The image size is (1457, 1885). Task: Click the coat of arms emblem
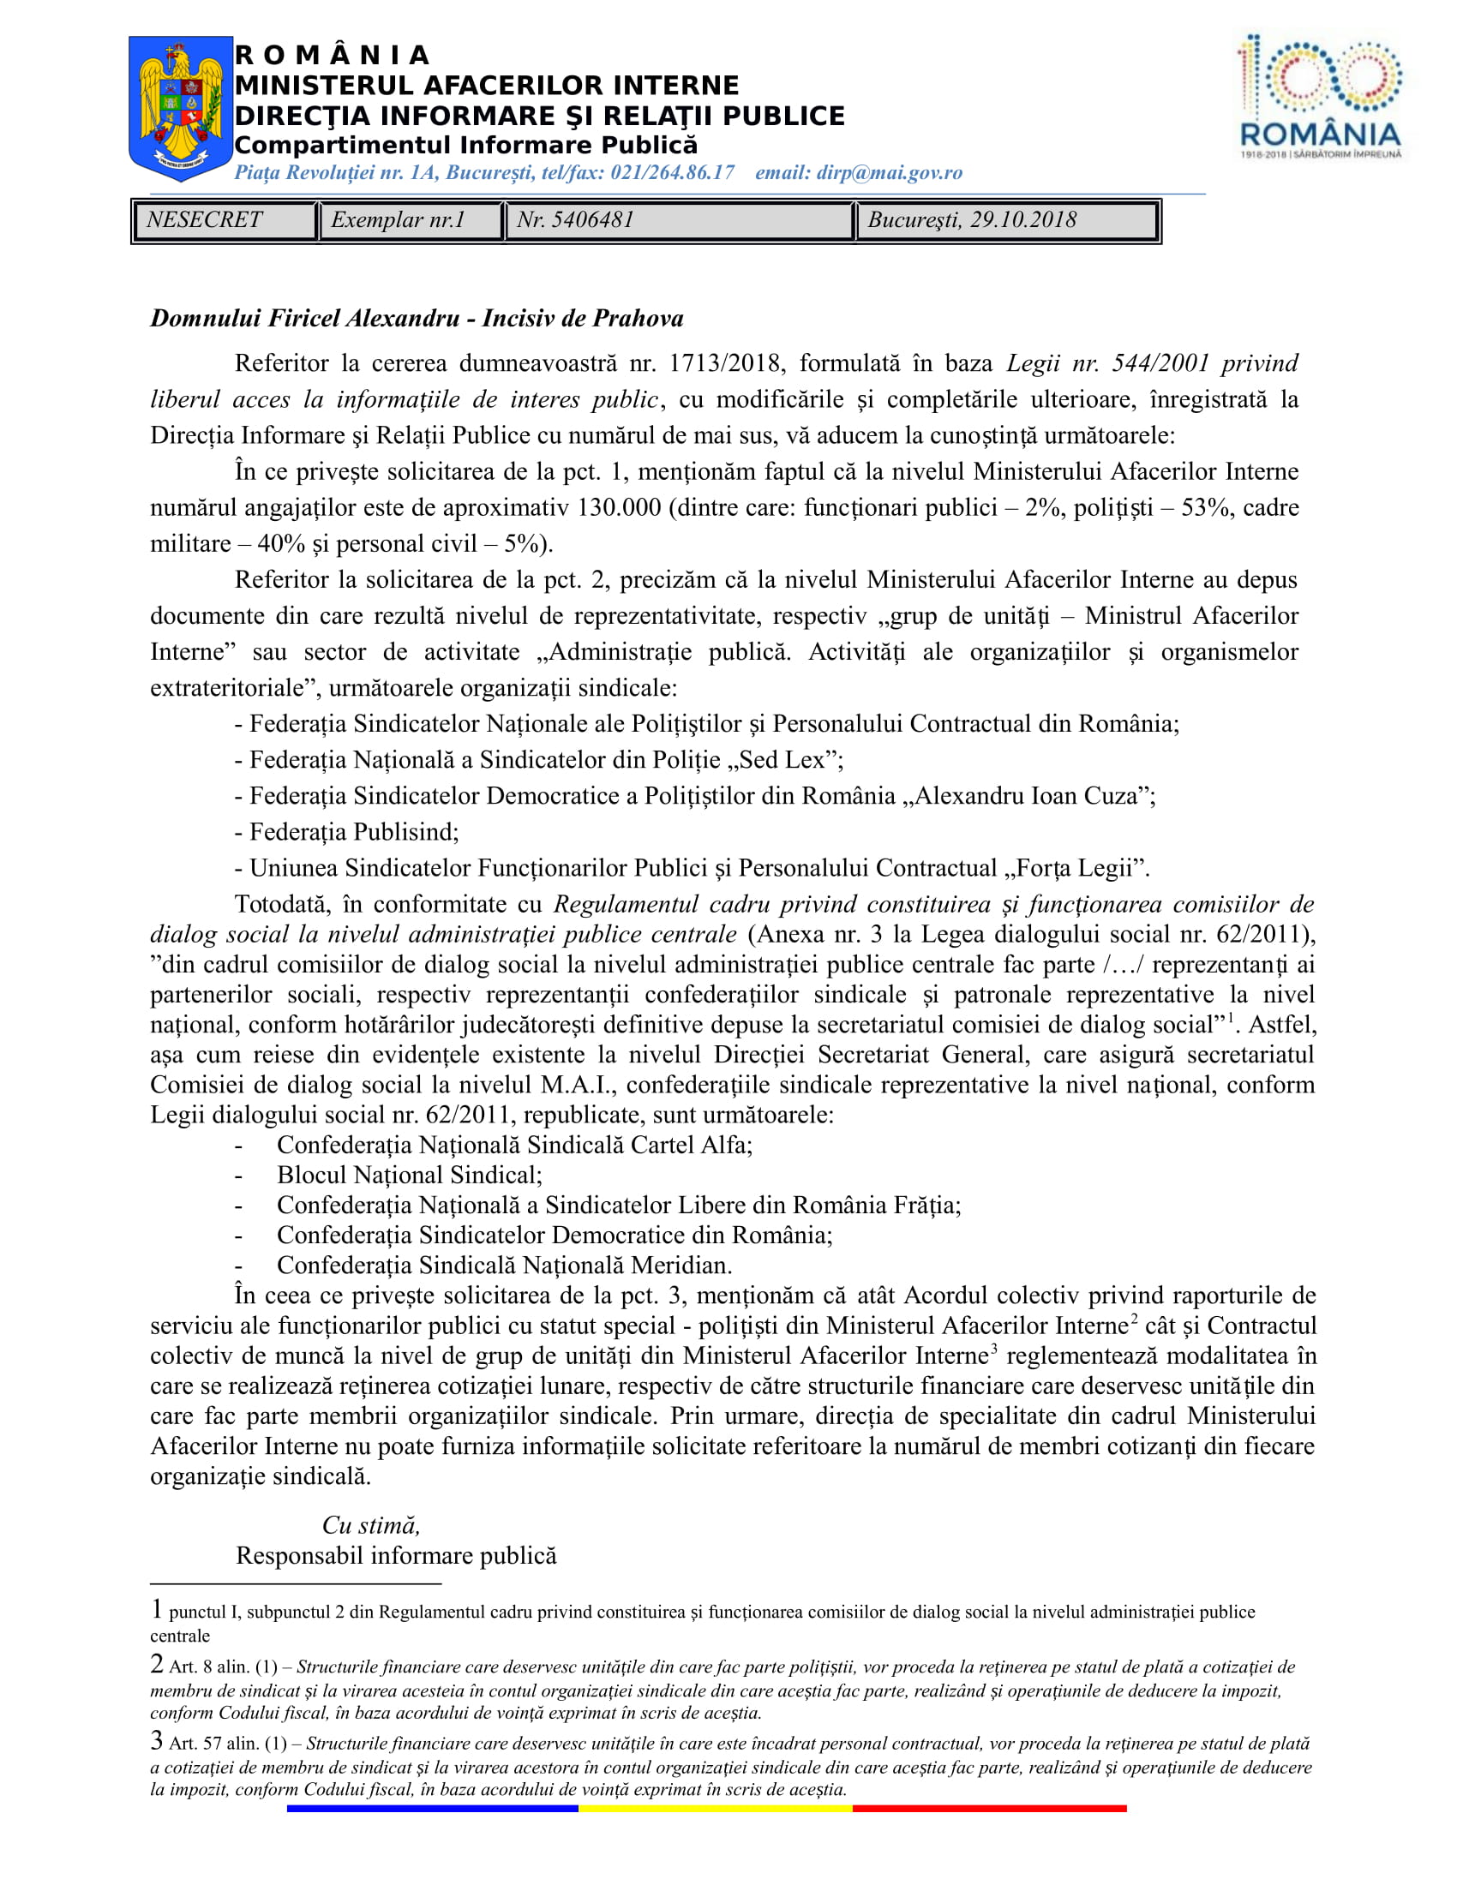180,108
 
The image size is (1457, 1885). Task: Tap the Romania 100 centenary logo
1320,97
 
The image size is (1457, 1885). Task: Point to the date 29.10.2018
1022,220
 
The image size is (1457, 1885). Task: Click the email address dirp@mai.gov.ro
889,172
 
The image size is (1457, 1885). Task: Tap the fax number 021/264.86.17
673,172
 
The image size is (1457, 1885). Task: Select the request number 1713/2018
726,363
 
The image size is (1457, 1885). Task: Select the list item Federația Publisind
354,832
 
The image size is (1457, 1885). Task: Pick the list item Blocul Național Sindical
409,1176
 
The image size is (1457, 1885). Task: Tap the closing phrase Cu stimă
371,1525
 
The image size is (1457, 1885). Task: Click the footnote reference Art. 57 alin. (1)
228,1744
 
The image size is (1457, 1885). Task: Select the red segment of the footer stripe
989,1808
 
